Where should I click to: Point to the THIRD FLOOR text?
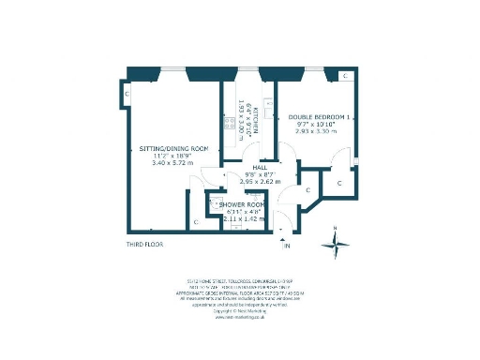147,245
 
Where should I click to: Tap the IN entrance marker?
288,246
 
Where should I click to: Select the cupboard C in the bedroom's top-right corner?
345,75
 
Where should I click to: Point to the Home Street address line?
240,278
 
